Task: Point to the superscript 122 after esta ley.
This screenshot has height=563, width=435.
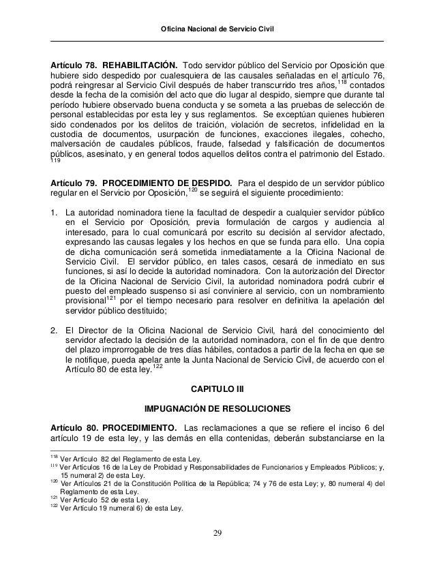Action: pos(157,366)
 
